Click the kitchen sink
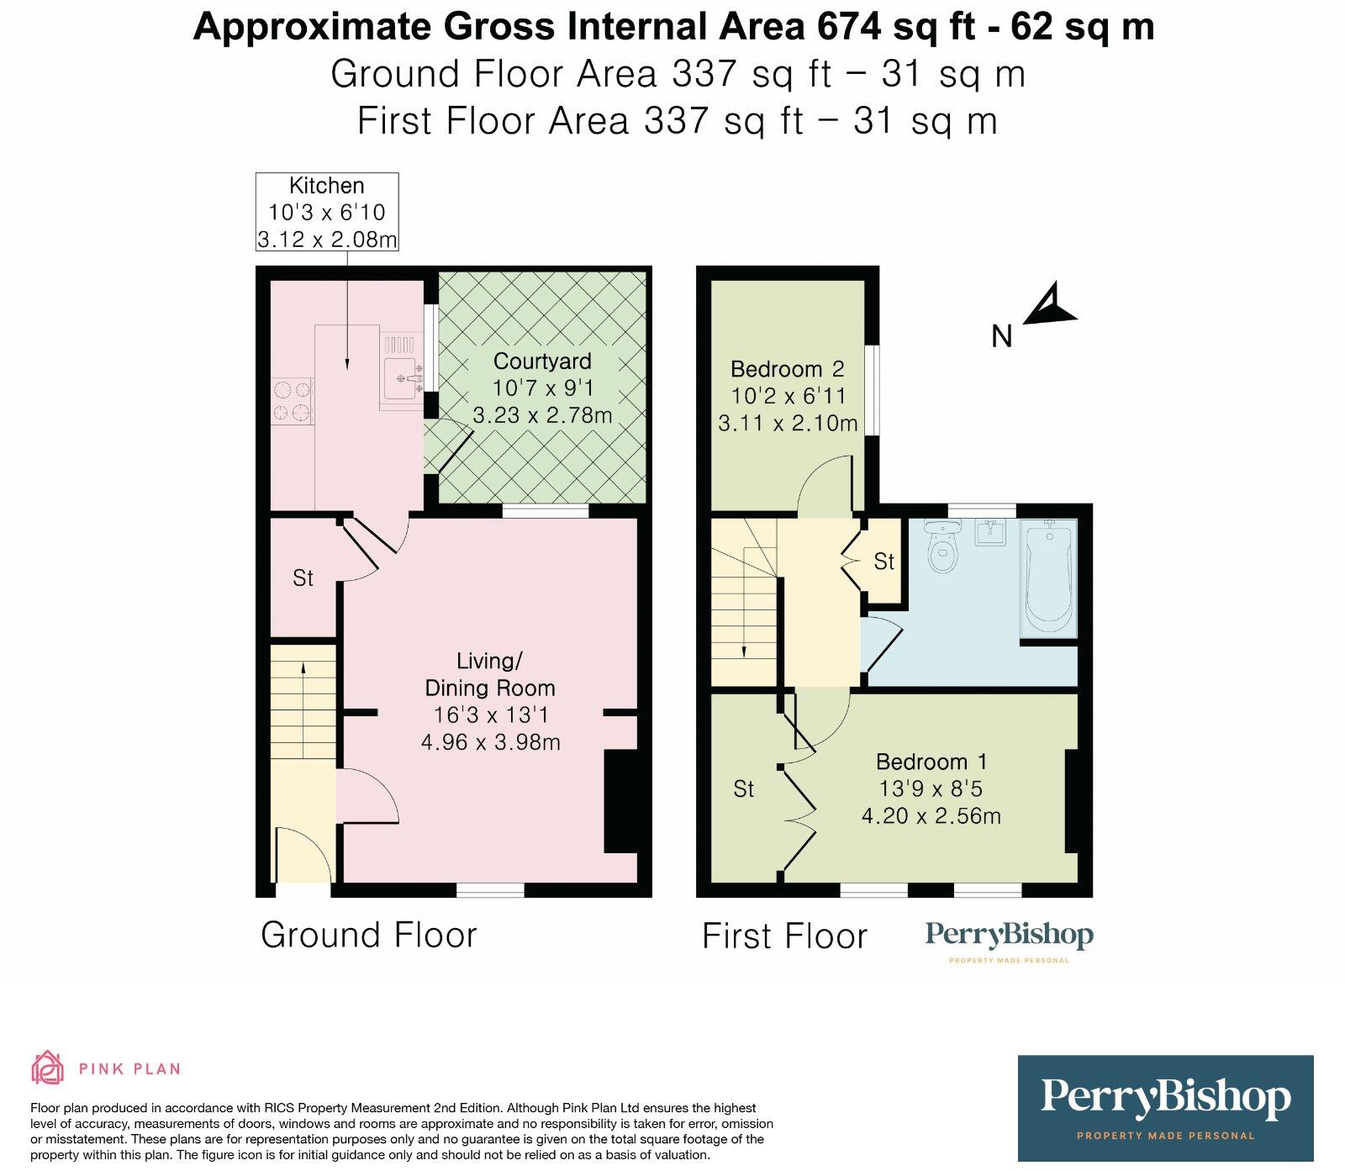(x=400, y=378)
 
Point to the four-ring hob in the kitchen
(x=292, y=401)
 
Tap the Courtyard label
(x=542, y=361)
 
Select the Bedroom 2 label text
(x=788, y=369)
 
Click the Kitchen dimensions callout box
(x=327, y=212)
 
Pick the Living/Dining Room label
(x=490, y=674)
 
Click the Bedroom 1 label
(x=931, y=762)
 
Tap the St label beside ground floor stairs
(x=303, y=578)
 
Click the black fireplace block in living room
(x=621, y=802)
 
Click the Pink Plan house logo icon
(x=47, y=1068)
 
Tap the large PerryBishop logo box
(x=1165, y=1108)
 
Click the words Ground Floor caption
(x=368, y=935)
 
